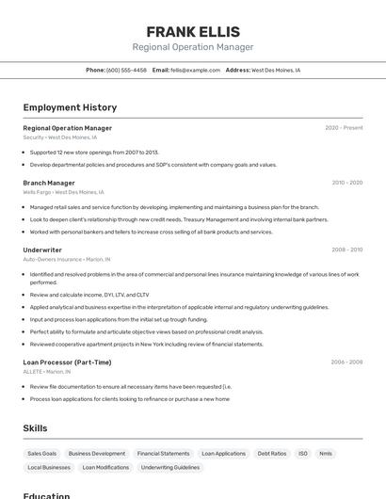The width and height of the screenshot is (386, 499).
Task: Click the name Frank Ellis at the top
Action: click(x=193, y=32)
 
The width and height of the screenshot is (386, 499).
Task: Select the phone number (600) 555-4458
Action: click(x=126, y=70)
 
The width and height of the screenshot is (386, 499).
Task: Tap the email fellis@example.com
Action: click(x=195, y=70)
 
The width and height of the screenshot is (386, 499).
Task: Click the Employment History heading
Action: click(x=70, y=107)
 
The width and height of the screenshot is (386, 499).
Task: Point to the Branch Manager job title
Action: click(x=49, y=183)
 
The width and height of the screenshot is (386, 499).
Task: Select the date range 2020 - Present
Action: click(x=344, y=128)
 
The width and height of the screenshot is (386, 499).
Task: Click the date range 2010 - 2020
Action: click(x=346, y=183)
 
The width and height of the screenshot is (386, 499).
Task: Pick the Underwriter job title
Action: click(x=42, y=250)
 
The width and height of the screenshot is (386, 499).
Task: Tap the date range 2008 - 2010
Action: click(x=346, y=250)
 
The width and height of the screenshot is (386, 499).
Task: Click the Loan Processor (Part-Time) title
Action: click(x=67, y=362)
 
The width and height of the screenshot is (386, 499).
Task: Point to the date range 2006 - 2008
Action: click(x=346, y=362)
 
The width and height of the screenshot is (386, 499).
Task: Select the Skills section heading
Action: click(x=35, y=428)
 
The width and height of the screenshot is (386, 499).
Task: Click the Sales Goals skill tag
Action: click(x=42, y=454)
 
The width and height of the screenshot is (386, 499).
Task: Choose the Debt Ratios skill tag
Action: click(x=272, y=454)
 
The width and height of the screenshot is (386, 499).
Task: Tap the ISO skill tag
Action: click(x=303, y=454)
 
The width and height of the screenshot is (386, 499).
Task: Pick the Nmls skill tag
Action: click(x=326, y=454)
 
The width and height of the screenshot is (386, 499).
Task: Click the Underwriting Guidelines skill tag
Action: click(x=170, y=468)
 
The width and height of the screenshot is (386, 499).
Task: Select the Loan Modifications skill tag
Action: click(x=105, y=468)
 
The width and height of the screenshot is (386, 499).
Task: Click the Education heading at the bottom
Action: click(x=46, y=495)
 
